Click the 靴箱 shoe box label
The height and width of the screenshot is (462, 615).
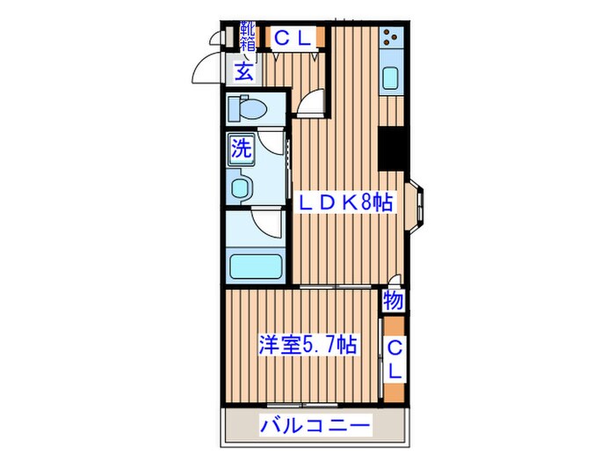246,37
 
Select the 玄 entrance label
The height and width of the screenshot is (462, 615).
243,72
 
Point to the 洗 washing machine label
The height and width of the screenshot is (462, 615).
242,149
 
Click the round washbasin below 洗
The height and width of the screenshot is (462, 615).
240,187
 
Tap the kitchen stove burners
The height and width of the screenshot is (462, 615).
391,40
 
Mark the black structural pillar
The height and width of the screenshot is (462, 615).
392,150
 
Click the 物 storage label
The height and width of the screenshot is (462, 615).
394,302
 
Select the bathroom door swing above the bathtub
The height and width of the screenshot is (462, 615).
267,223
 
